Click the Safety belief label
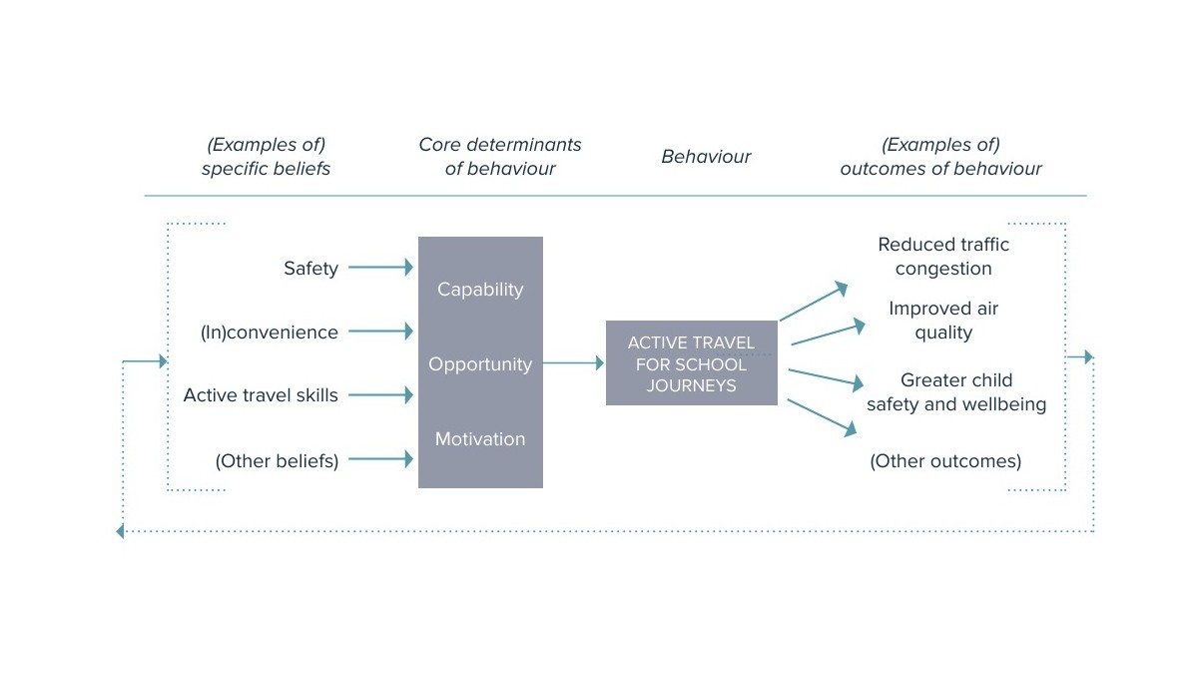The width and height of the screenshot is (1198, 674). click(310, 269)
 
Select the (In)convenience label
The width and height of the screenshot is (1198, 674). click(270, 333)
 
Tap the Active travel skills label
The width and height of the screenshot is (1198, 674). click(261, 395)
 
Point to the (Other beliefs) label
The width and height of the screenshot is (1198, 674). click(277, 461)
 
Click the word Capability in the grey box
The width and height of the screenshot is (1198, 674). click(480, 290)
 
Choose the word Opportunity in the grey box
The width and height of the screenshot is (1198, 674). click(480, 364)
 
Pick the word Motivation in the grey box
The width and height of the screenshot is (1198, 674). click(480, 439)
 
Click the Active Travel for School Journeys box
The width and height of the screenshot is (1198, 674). click(691, 363)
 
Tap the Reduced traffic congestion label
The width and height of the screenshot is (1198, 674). click(943, 257)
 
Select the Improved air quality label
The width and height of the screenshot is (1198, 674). click(943, 321)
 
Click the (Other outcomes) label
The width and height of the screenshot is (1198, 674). click(945, 461)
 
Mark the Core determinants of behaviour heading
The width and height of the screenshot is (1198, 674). click(500, 157)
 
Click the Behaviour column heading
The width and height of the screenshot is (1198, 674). click(706, 157)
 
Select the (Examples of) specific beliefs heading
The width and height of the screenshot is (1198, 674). click(266, 157)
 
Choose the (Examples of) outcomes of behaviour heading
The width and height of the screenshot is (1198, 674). click(940, 157)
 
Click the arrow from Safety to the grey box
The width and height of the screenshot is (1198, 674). click(380, 268)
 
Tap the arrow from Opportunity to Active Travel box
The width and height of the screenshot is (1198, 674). click(573, 364)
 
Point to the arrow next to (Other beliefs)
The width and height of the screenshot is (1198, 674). click(380, 459)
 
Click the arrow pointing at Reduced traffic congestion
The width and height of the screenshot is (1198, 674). click(813, 303)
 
